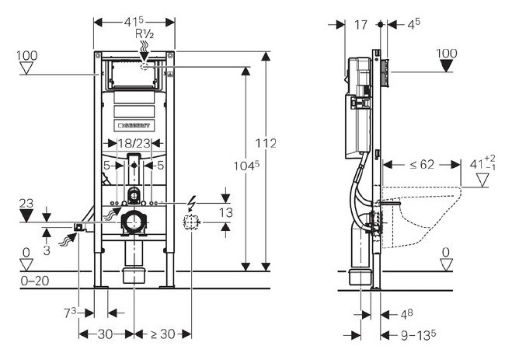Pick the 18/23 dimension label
click(x=135, y=143)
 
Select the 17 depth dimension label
click(x=360, y=24)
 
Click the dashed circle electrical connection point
click(x=190, y=222)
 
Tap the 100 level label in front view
click(x=27, y=57)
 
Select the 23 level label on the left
click(x=26, y=203)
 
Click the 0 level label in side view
click(x=445, y=251)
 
